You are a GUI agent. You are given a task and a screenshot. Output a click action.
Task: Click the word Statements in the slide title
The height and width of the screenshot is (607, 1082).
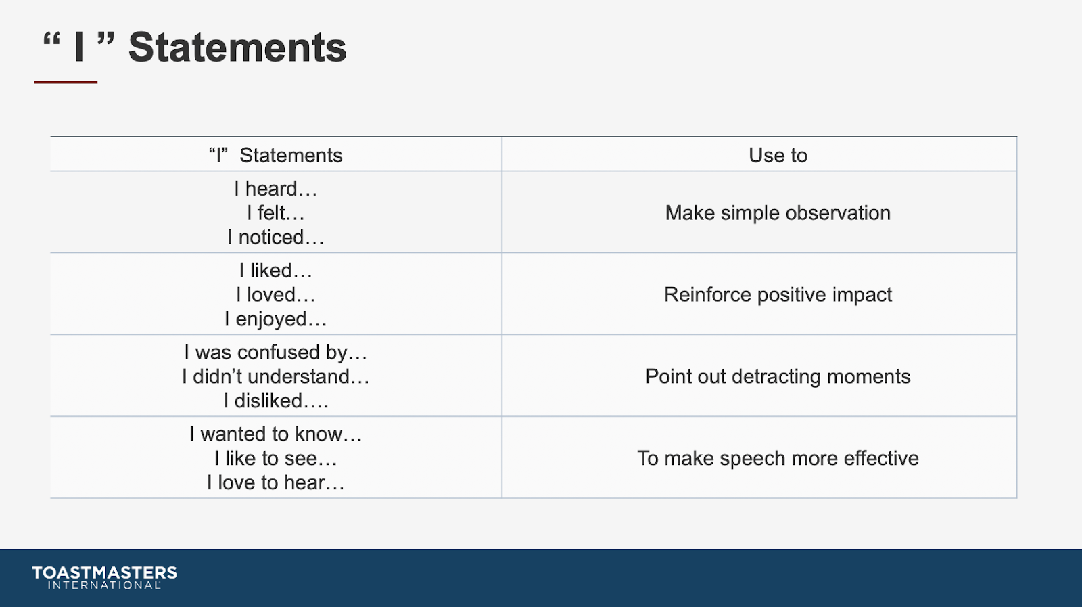click(237, 47)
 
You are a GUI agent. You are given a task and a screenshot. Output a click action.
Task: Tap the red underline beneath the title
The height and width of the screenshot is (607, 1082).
click(66, 82)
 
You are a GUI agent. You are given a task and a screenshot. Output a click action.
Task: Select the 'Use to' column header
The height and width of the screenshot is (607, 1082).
click(778, 155)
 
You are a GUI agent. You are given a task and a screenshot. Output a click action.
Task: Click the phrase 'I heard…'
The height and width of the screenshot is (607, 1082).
click(276, 189)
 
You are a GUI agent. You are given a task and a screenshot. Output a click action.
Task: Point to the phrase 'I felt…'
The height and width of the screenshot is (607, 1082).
click(276, 212)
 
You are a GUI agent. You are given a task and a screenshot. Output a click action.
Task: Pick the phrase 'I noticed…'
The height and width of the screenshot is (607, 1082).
click(276, 238)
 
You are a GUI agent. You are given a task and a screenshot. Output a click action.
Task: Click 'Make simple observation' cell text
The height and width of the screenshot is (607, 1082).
click(778, 213)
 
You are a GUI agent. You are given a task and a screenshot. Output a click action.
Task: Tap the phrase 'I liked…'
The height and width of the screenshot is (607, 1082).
click(276, 270)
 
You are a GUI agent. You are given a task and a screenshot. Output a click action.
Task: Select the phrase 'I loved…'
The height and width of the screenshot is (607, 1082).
click(276, 295)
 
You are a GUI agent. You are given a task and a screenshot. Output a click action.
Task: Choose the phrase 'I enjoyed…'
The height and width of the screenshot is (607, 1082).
click(276, 319)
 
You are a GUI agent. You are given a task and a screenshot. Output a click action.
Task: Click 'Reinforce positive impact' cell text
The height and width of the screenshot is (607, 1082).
click(778, 295)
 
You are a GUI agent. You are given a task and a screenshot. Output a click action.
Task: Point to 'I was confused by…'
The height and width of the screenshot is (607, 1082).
click(276, 353)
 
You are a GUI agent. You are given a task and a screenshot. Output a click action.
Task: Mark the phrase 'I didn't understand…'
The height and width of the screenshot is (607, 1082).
click(276, 376)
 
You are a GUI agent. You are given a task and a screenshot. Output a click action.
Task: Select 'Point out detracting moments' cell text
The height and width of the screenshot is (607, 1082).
click(778, 376)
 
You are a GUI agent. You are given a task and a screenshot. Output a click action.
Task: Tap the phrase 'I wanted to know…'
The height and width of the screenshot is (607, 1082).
click(276, 434)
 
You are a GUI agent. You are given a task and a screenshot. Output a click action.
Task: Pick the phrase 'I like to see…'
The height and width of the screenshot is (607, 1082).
click(276, 458)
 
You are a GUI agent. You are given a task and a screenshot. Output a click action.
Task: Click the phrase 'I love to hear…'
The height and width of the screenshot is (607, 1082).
click(276, 482)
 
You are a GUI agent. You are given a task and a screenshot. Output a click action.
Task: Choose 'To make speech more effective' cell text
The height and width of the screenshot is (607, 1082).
click(778, 458)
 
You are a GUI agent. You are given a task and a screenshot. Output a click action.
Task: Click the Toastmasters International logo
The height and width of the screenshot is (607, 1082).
click(104, 577)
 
